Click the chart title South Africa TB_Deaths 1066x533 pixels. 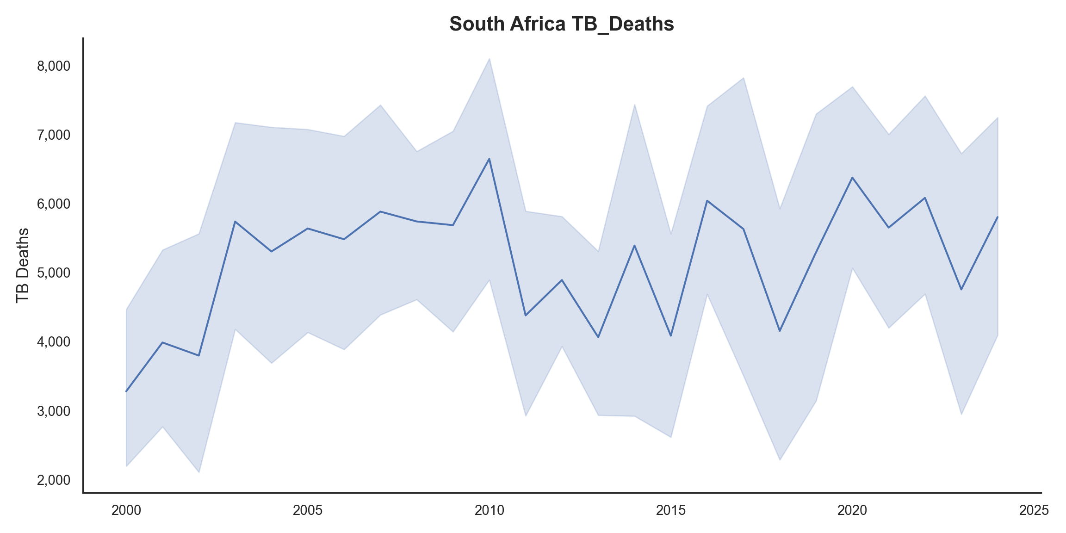point(561,24)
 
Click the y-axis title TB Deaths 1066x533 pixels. point(23,266)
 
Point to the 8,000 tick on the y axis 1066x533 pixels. point(54,66)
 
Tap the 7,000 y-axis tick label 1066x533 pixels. point(54,135)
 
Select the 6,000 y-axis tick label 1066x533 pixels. point(54,204)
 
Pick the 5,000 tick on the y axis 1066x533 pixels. point(54,273)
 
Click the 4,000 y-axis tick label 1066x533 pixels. point(54,342)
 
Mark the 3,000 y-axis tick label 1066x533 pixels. point(54,411)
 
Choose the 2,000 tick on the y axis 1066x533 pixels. point(54,480)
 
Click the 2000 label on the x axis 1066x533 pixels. point(126,511)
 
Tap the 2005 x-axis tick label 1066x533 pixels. point(308,511)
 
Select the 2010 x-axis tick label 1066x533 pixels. point(489,511)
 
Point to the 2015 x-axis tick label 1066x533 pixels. point(671,511)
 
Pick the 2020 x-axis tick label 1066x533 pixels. point(852,511)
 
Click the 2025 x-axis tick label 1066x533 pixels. point(1034,511)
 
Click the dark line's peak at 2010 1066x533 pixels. point(489,159)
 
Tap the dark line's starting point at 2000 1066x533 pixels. point(126,391)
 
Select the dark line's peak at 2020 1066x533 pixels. point(852,177)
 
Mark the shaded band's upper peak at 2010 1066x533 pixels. point(489,59)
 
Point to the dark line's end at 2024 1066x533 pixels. point(998,217)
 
